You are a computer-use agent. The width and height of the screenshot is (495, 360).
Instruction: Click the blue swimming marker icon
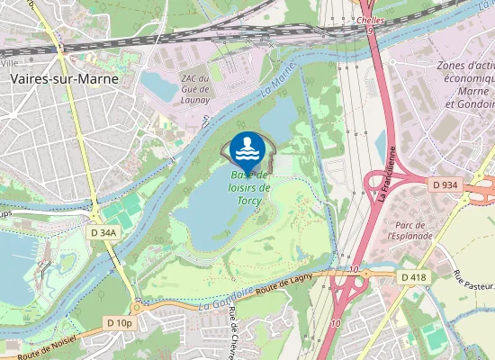pyautogui.click(x=247, y=148)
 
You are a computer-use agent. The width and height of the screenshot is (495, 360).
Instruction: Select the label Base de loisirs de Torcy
pyautogui.click(x=250, y=187)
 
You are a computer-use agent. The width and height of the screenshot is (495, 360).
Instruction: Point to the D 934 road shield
pyautogui.click(x=445, y=184)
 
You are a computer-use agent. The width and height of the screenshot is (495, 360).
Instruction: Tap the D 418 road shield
pyautogui.click(x=415, y=276)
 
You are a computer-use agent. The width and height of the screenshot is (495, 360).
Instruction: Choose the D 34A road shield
pyautogui.click(x=104, y=232)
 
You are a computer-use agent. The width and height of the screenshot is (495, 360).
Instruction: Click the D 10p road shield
pyautogui.click(x=119, y=322)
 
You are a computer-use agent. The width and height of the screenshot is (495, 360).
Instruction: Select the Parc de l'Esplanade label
pyautogui.click(x=409, y=229)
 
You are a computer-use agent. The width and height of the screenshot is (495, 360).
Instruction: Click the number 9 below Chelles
pyautogui.click(x=370, y=30)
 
